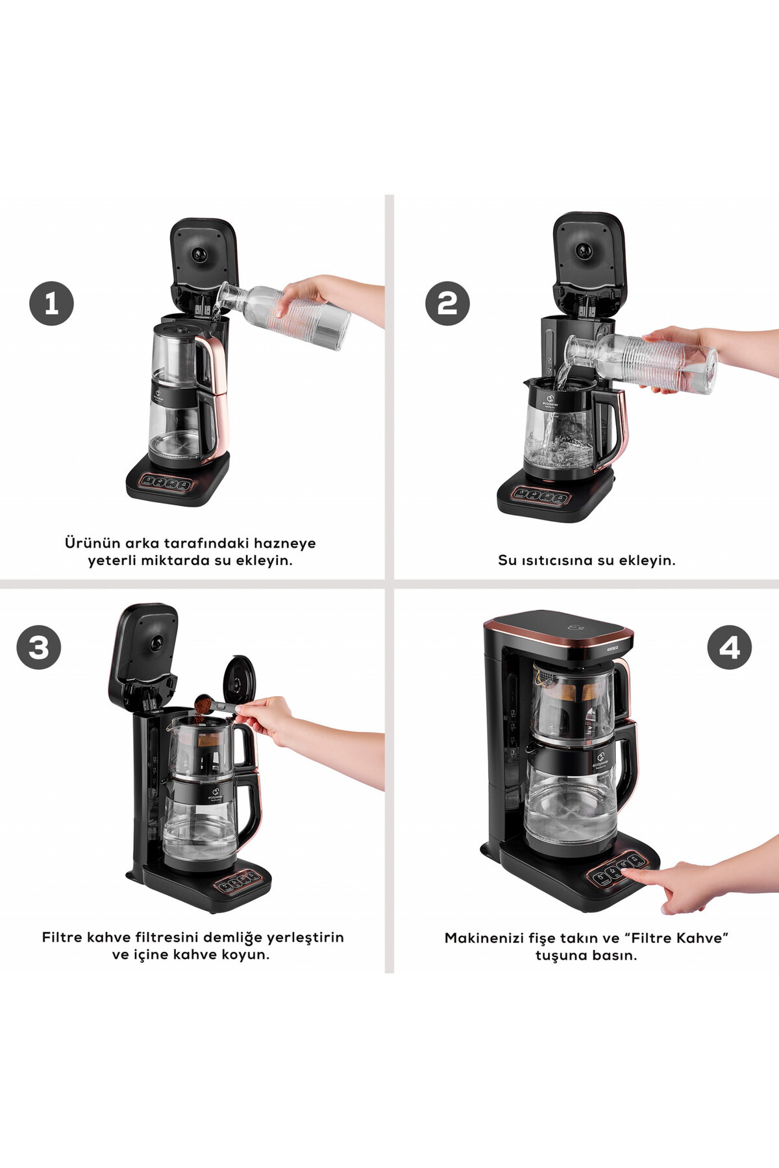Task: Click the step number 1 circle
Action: tap(51, 303)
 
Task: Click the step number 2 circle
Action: tap(447, 303)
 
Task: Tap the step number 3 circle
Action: tap(39, 647)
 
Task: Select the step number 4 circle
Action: tap(730, 647)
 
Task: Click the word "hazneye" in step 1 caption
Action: tap(284, 544)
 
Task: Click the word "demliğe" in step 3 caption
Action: tap(232, 938)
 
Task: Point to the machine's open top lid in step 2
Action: tap(589, 260)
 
